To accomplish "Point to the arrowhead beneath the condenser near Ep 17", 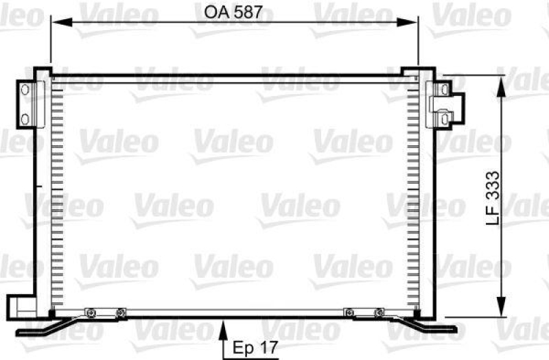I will click(224, 333).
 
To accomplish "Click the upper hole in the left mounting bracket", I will click(25, 91).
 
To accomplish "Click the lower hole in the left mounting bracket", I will click(25, 119).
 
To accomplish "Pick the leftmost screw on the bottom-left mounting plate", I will click(89, 313).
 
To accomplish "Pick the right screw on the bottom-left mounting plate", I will click(120, 313).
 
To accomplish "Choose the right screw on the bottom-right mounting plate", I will click(379, 313).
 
